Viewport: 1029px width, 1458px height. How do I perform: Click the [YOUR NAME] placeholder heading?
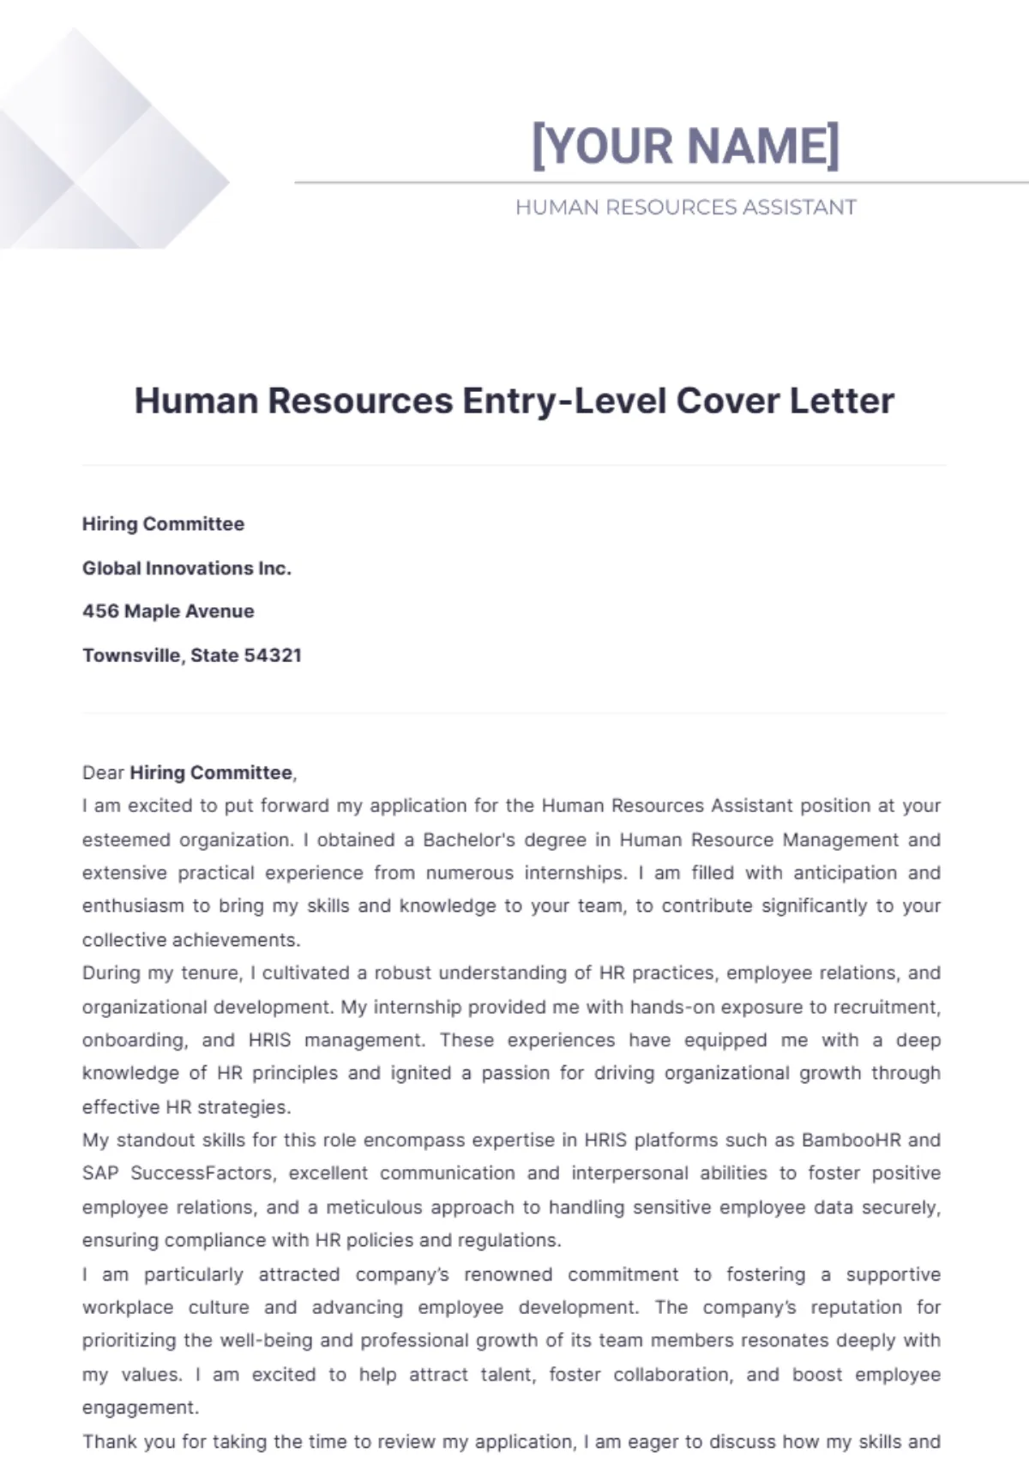(686, 145)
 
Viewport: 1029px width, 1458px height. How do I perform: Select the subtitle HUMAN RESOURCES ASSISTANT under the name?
(686, 208)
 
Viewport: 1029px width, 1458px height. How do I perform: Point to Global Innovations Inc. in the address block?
(187, 568)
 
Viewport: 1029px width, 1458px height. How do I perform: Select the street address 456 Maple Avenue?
(168, 612)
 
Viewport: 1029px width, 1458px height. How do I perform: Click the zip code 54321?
(273, 655)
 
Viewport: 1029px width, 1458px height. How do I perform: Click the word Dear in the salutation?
(103, 773)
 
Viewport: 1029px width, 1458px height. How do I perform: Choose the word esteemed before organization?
(126, 840)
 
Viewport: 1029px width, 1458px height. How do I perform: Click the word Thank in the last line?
(108, 1442)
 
